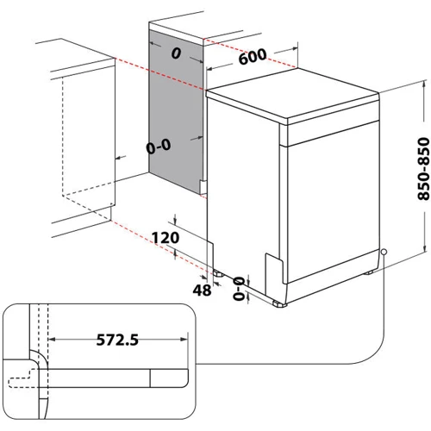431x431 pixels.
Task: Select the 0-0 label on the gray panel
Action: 157,147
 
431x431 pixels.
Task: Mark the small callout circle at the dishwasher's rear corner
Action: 384,252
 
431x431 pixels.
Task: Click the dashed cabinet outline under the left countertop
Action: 86,138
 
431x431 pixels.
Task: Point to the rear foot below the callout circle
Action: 371,272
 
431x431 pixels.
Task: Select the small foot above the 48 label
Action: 219,276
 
